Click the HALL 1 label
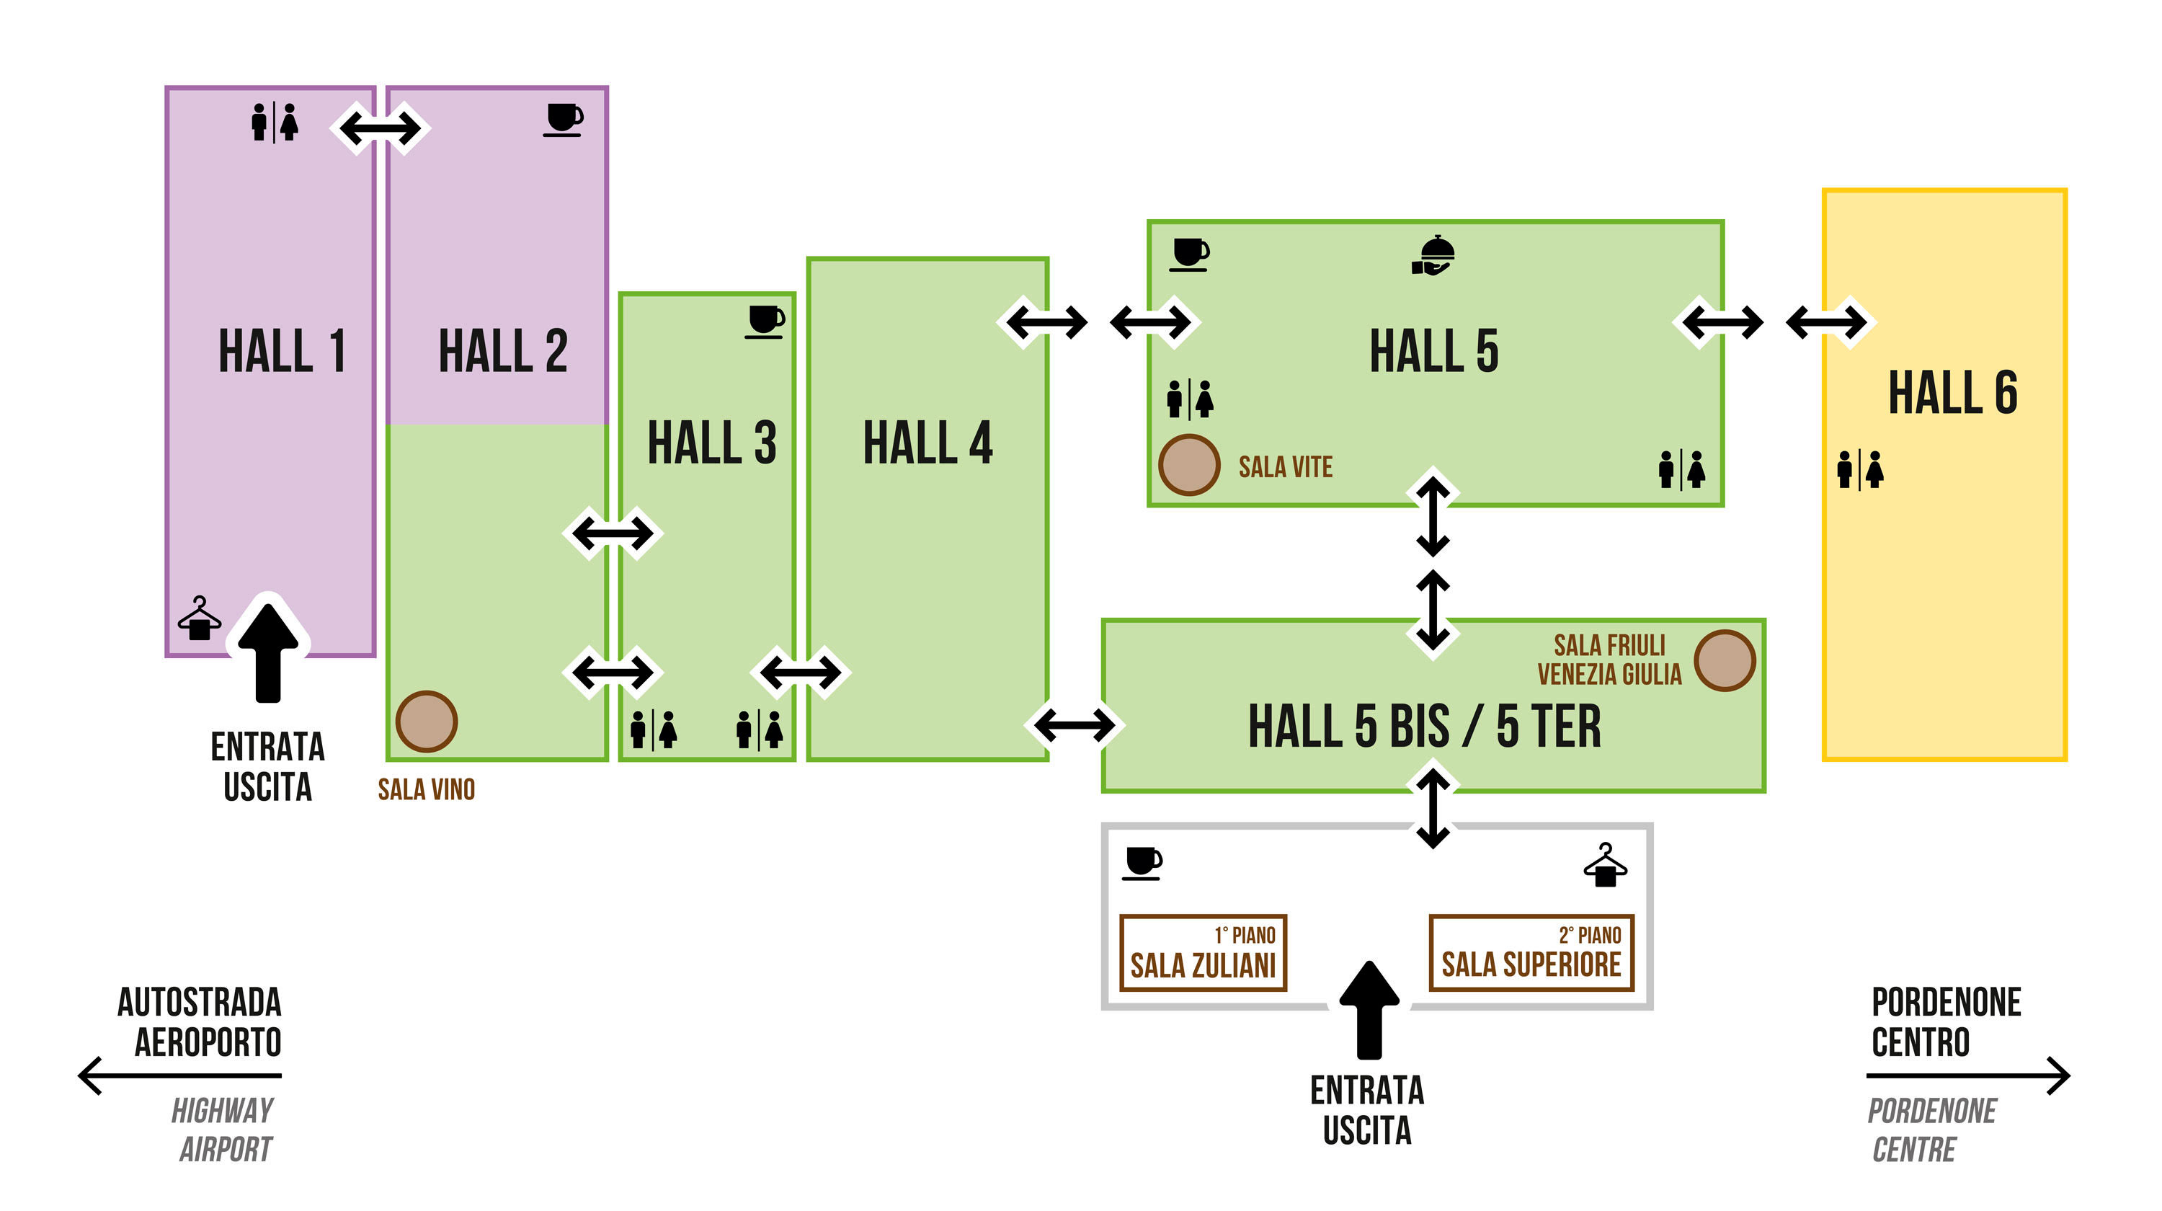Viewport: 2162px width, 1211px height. click(x=282, y=351)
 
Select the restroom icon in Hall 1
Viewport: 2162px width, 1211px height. click(x=275, y=123)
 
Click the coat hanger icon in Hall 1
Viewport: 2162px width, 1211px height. click(x=200, y=618)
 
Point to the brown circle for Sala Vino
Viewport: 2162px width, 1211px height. click(x=427, y=721)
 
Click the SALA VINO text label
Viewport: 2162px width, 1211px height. click(x=427, y=790)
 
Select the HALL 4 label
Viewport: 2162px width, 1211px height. click(x=927, y=443)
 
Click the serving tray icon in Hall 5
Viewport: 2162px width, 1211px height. click(x=1433, y=255)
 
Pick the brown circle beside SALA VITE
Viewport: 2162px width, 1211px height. click(x=1188, y=464)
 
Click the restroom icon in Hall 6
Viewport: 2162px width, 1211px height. click(x=1860, y=470)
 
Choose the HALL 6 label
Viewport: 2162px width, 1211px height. click(x=1952, y=393)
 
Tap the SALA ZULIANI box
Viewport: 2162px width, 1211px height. click(x=1203, y=952)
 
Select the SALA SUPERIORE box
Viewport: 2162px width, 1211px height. click(x=1531, y=952)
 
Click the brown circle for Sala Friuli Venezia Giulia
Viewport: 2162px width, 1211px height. click(x=1724, y=660)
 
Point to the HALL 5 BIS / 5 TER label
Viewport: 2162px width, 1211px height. click(x=1424, y=727)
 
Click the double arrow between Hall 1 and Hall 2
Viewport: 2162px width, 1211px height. click(x=381, y=128)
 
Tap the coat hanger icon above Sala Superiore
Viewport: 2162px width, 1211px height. click(x=1605, y=865)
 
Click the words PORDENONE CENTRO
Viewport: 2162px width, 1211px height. click(x=1946, y=1022)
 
